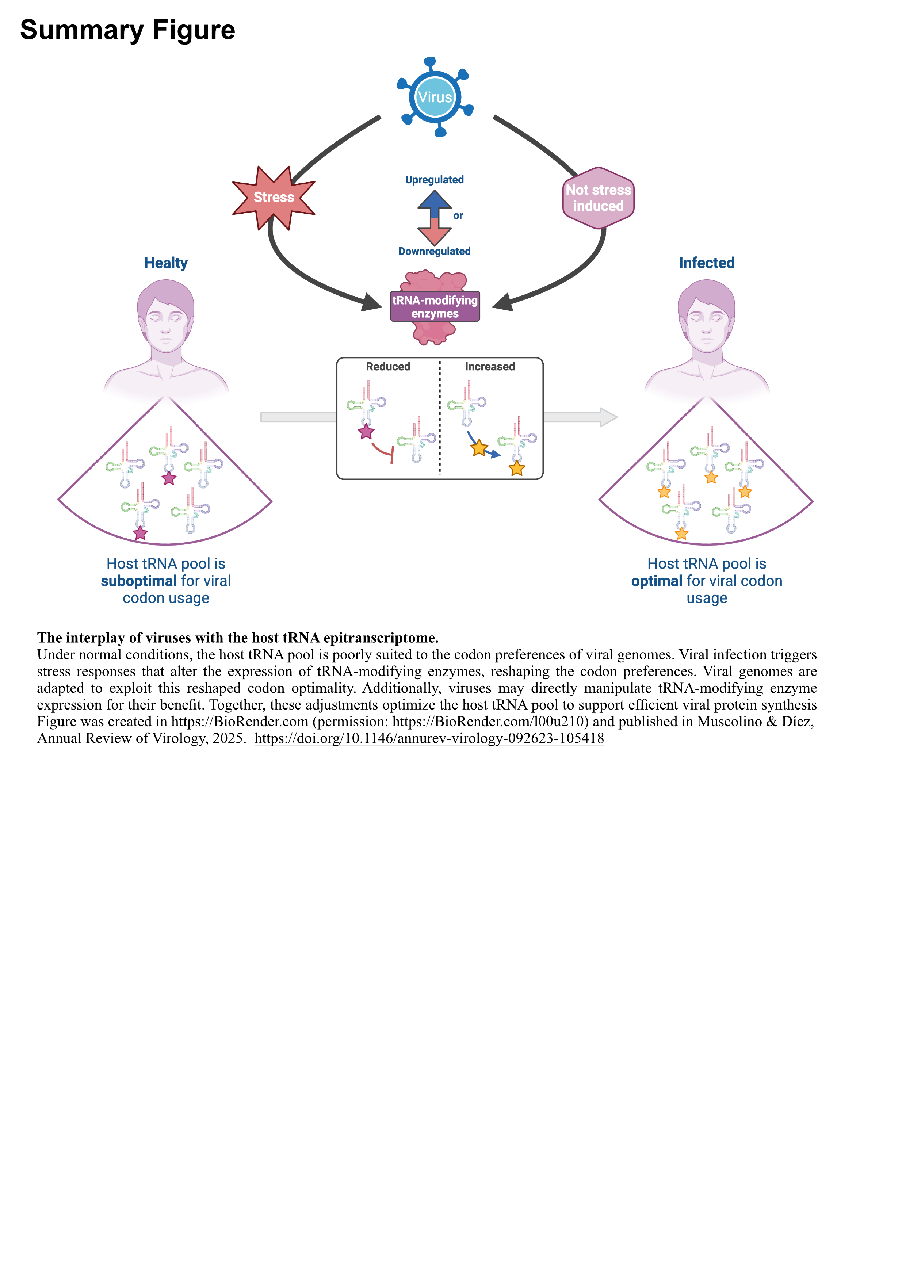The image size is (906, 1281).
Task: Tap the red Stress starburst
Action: (274, 198)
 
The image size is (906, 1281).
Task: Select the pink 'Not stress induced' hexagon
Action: (598, 198)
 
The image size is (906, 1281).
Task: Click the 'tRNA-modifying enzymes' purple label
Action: (435, 306)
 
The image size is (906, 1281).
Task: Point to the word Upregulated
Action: (434, 180)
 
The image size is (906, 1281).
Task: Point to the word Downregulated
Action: (434, 251)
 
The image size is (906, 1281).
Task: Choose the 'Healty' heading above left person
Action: (166, 263)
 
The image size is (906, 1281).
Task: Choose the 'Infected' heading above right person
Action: (706, 263)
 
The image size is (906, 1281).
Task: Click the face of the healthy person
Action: (166, 324)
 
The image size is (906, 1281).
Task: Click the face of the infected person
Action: (706, 324)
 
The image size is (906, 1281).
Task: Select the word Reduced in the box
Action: (388, 367)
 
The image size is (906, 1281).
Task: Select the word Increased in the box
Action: (490, 367)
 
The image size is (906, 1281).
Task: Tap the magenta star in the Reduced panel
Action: (366, 432)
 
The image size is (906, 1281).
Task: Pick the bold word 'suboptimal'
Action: (138, 581)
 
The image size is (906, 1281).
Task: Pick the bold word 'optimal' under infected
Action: (657, 581)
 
